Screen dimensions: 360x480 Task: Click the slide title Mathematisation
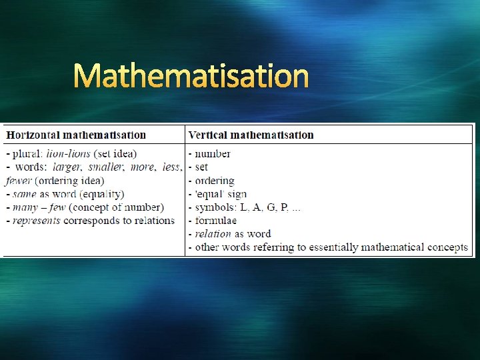pos(191,77)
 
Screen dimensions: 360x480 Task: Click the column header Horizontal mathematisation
pos(76,135)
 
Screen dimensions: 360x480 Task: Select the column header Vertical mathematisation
pos(251,135)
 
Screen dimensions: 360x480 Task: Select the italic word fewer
pos(18,181)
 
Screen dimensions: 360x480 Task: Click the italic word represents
pos(37,221)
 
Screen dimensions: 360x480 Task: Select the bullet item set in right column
pos(201,167)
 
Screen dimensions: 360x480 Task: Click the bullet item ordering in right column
pos(214,181)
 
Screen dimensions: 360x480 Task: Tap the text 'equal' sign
pos(221,194)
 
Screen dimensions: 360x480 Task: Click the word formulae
pos(215,221)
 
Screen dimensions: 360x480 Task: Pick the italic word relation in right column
pos(213,234)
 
